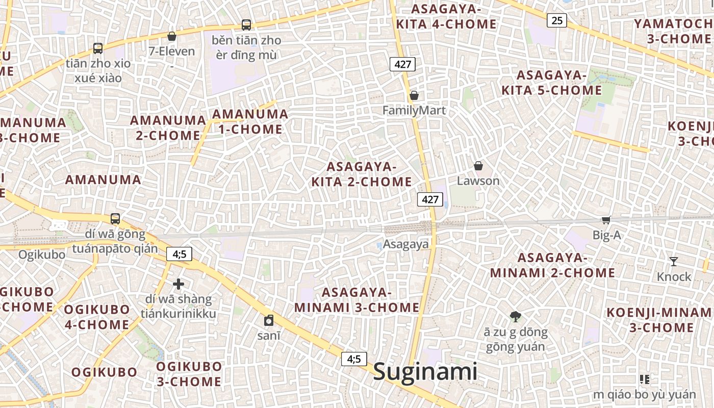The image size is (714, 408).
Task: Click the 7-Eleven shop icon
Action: click(x=172, y=36)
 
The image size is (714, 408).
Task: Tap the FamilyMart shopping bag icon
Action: click(x=414, y=95)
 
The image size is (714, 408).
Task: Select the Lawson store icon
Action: click(x=478, y=166)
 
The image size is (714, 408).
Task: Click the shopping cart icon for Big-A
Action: click(x=606, y=220)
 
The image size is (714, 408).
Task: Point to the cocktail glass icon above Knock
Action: click(x=674, y=262)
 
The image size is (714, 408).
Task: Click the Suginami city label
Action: click(x=425, y=372)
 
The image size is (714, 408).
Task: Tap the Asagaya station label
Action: click(x=406, y=244)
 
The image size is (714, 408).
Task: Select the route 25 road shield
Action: click(x=557, y=20)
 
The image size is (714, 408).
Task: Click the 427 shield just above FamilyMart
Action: click(x=402, y=64)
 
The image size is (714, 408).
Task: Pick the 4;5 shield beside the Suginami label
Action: click(x=354, y=359)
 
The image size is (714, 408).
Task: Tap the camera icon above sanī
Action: click(x=268, y=320)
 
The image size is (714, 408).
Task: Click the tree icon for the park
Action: click(x=516, y=317)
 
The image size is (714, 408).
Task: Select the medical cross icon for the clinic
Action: click(x=178, y=284)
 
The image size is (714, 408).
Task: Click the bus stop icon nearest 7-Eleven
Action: click(x=246, y=24)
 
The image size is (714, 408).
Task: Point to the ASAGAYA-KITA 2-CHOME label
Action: click(x=362, y=174)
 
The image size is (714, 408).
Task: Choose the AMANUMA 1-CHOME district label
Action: click(x=250, y=121)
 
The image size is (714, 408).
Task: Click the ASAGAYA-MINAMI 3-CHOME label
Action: click(x=357, y=300)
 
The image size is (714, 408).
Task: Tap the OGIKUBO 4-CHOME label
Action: click(x=97, y=317)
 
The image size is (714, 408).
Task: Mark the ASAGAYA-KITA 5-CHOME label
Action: click(x=552, y=83)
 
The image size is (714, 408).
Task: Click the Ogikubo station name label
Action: click(x=42, y=254)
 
